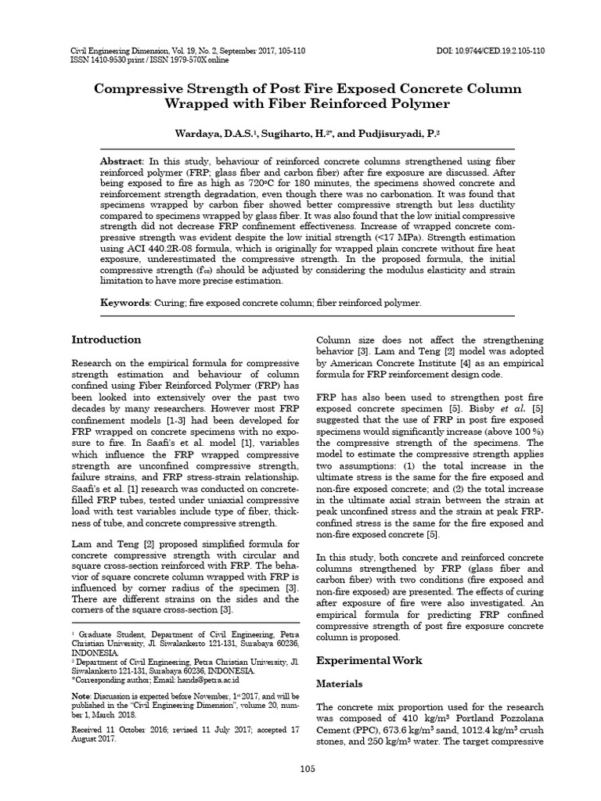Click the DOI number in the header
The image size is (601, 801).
click(491, 51)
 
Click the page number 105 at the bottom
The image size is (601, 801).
click(308, 769)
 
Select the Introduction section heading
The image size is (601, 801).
click(106, 339)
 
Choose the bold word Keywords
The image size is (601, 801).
click(125, 302)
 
